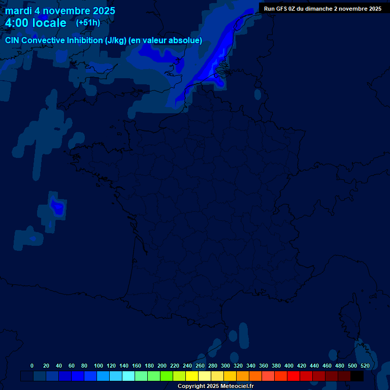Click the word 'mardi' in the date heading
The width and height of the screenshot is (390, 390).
(18, 11)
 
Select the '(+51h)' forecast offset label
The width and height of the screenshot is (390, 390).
(88, 23)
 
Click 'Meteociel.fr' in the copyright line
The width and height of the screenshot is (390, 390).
(237, 386)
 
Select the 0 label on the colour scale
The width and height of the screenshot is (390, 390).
(32, 366)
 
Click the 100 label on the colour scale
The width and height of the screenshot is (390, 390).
(98, 366)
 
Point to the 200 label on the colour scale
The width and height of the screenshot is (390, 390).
(162, 366)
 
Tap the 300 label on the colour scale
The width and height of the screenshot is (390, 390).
(225, 366)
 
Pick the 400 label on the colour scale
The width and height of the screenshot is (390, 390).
(289, 366)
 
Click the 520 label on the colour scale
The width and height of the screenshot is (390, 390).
(365, 366)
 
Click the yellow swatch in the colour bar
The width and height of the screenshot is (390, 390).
(192, 376)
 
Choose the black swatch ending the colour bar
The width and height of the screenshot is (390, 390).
(357, 376)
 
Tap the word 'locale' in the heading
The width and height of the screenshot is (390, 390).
(49, 23)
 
